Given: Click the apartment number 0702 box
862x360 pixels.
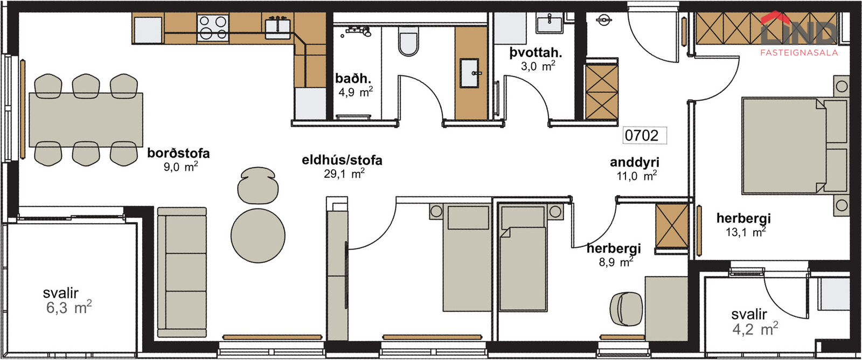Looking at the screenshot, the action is click(x=644, y=135).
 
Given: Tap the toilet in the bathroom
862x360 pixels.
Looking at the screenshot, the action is click(x=408, y=41).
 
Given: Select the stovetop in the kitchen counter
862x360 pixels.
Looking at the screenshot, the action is click(x=213, y=27).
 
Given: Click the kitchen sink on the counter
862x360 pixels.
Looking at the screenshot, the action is click(x=277, y=27).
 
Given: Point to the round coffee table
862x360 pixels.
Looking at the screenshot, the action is click(x=258, y=236).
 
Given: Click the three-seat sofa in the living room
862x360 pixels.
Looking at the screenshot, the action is click(x=182, y=273).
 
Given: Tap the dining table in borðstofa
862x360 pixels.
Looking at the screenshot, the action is click(x=86, y=120).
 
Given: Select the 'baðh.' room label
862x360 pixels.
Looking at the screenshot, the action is click(x=353, y=79).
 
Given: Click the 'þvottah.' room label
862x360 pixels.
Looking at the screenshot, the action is click(x=536, y=52).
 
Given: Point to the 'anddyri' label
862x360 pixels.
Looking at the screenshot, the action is click(x=635, y=162).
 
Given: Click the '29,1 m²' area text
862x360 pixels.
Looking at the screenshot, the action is click(x=344, y=174).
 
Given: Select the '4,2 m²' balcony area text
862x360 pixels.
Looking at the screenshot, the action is click(x=755, y=329).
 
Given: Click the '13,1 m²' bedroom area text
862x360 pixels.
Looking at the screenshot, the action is click(x=746, y=232).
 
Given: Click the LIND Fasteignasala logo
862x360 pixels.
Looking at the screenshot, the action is click(x=799, y=34).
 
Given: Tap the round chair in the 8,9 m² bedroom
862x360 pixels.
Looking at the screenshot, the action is click(x=626, y=308).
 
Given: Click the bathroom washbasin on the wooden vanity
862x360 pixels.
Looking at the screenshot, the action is click(x=469, y=73).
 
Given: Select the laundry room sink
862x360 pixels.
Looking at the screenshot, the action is click(x=549, y=23).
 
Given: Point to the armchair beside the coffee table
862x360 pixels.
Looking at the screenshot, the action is click(x=258, y=185).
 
